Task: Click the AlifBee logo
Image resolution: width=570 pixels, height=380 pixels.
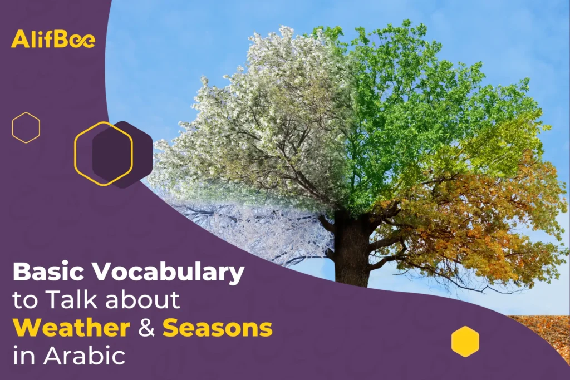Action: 53,40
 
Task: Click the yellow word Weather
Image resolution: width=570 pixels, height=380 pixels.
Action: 71,328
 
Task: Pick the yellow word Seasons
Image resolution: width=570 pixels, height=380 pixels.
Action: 218,328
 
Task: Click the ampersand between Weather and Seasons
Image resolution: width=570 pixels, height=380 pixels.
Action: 146,328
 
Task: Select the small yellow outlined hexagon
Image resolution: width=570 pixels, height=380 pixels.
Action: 26,127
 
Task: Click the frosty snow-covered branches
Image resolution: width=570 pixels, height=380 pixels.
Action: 245,228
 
